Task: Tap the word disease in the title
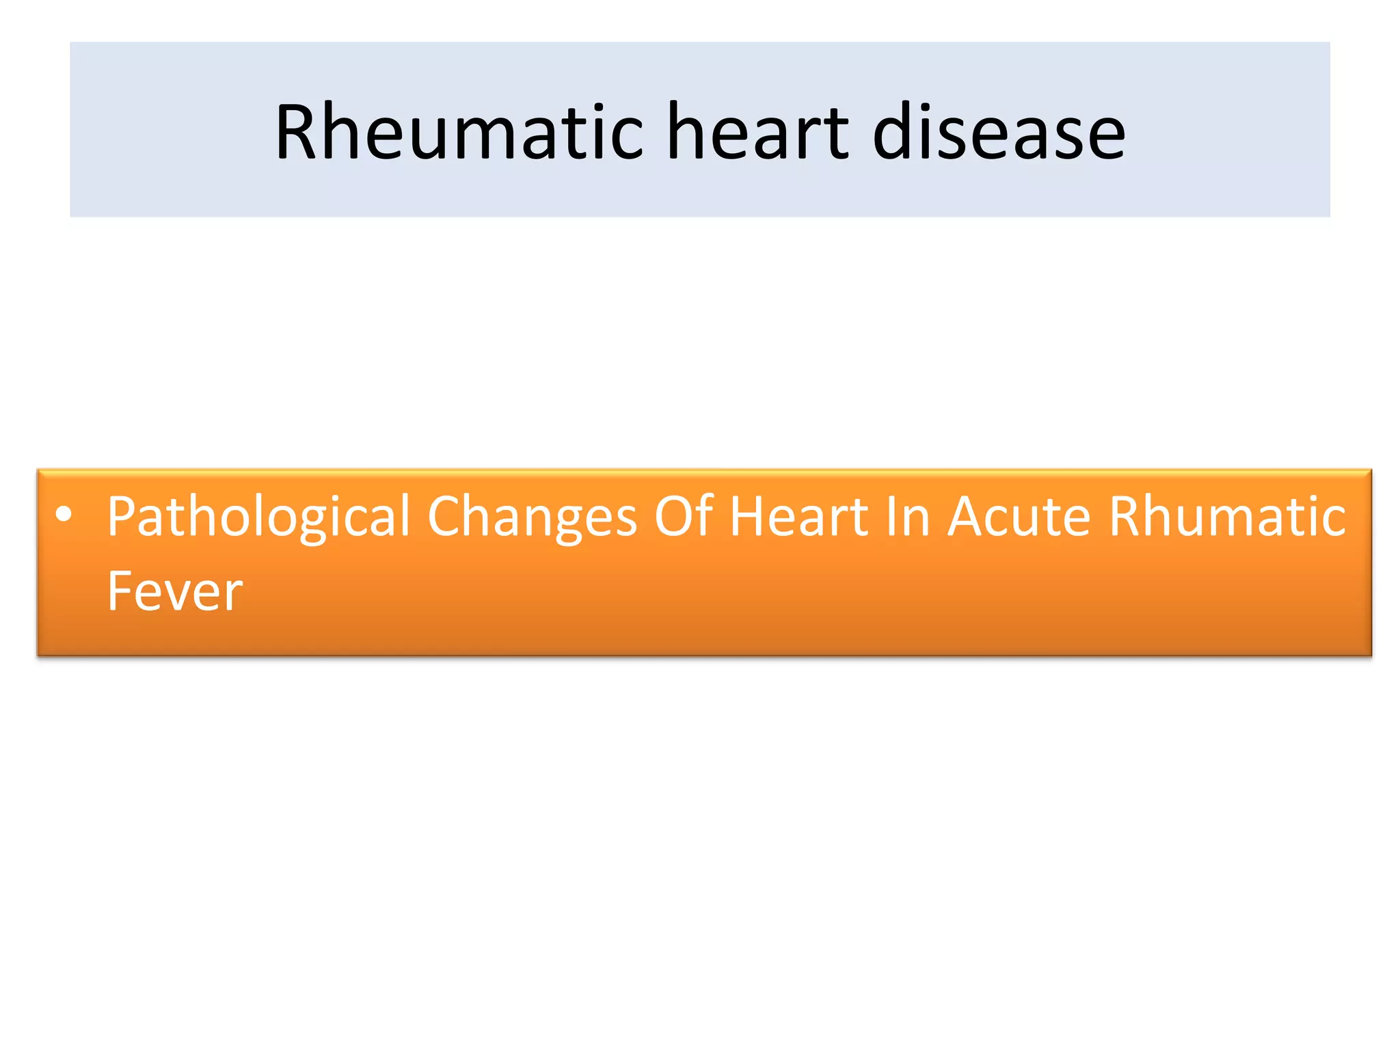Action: [x=999, y=131]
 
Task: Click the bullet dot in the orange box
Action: [x=64, y=515]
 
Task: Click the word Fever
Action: [x=175, y=591]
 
